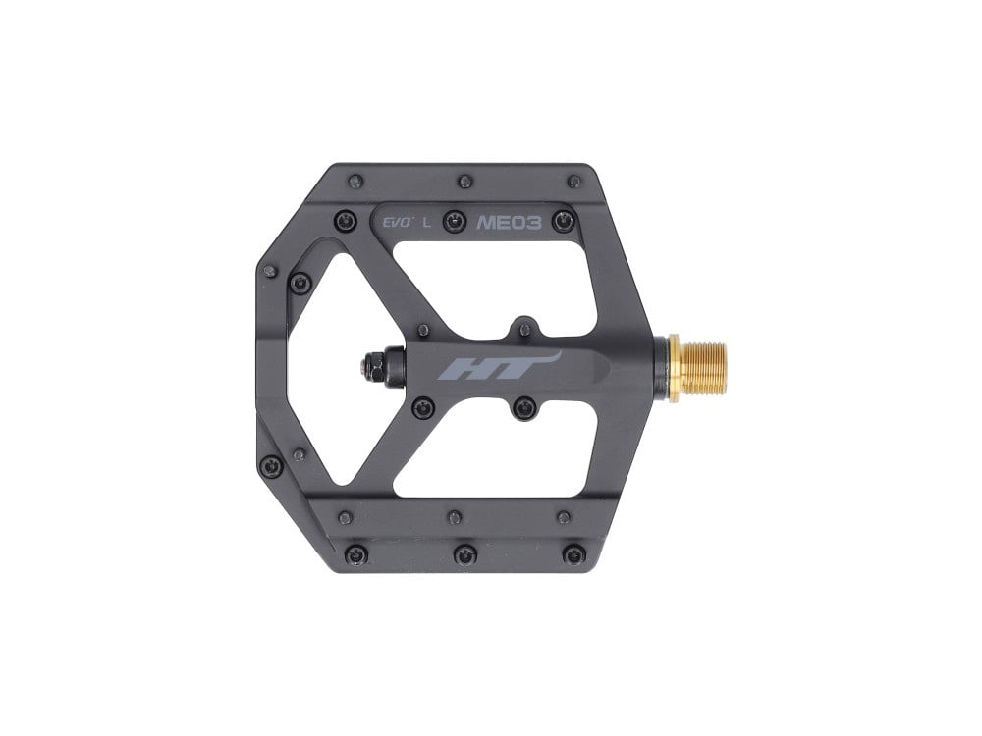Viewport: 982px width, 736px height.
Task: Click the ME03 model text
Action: coord(509,223)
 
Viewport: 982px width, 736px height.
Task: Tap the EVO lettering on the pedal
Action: coord(398,222)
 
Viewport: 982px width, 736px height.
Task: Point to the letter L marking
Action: coord(427,222)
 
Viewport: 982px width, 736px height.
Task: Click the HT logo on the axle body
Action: coord(497,367)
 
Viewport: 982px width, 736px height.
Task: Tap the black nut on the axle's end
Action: coord(373,367)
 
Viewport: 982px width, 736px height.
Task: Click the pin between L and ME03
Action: coord(455,221)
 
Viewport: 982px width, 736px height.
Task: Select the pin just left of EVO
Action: coord(345,220)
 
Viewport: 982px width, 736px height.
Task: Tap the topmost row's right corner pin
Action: coord(573,183)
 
